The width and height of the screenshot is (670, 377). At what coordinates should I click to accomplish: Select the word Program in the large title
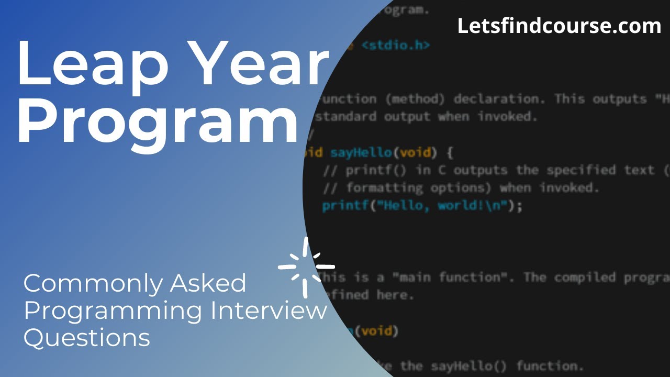point(157,123)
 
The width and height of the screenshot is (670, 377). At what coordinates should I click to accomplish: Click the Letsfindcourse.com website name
point(559,26)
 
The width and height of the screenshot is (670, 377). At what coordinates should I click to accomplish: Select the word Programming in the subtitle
point(113,312)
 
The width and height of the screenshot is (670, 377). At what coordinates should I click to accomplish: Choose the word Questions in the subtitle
point(87,338)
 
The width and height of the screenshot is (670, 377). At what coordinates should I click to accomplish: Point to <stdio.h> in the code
point(396,46)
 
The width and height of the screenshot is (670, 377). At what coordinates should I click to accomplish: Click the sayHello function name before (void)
point(361,153)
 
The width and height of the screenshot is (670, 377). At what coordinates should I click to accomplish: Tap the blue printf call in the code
point(345,206)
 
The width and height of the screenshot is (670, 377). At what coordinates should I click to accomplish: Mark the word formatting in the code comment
point(384,187)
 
